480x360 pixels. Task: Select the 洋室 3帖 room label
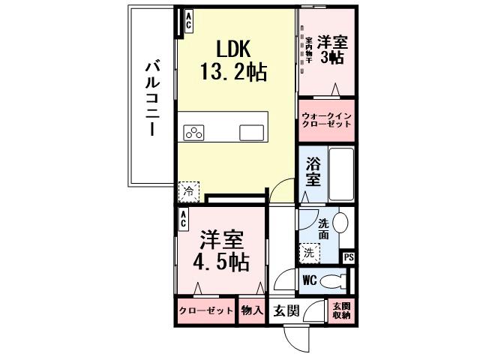(330, 49)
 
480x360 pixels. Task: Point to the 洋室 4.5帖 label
(220, 252)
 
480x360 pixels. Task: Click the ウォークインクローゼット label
(326, 120)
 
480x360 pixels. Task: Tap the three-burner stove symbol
(194, 133)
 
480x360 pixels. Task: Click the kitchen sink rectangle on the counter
(251, 133)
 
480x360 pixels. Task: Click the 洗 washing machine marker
(309, 253)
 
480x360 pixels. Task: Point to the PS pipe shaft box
(348, 257)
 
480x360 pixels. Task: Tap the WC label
(309, 281)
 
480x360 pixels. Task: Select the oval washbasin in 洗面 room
(340, 223)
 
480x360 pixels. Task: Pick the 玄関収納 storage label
(341, 310)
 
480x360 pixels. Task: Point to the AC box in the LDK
(187, 20)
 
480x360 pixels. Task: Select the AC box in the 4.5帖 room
(183, 219)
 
